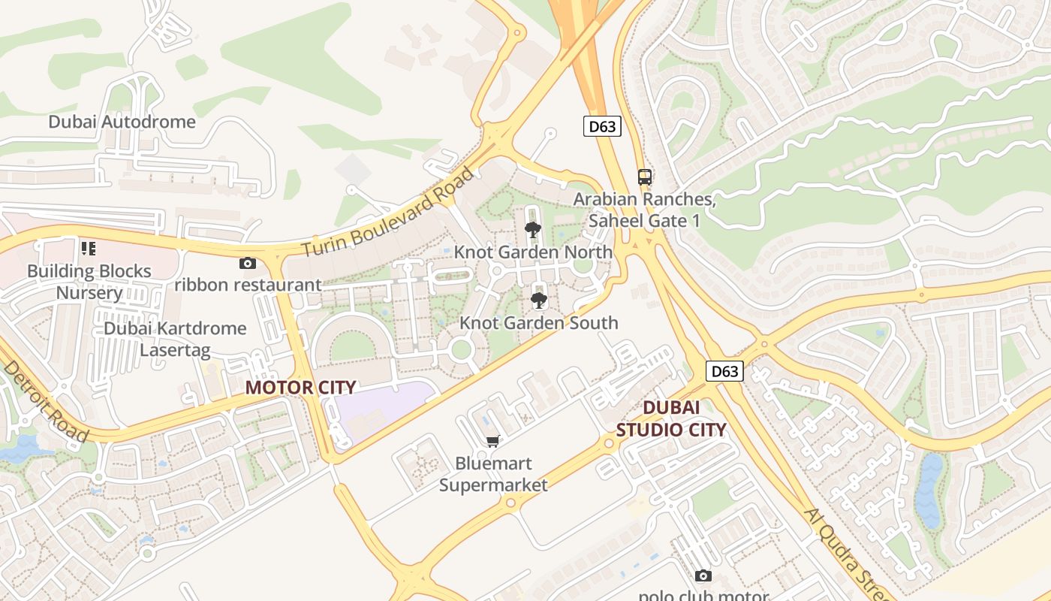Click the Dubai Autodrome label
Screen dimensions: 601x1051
point(122,122)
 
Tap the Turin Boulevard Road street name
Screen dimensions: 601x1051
point(389,213)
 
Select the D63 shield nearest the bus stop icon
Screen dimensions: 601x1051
point(602,126)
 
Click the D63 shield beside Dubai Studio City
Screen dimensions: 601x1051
point(724,370)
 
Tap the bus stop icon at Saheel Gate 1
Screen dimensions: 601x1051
point(645,177)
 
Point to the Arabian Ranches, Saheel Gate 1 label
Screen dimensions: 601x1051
point(644,210)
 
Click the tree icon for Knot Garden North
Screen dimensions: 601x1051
point(533,230)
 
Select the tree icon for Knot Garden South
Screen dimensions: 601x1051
point(538,300)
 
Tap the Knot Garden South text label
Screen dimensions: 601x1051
point(538,323)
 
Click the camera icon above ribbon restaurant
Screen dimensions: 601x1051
point(247,263)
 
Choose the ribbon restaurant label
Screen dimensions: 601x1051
point(248,285)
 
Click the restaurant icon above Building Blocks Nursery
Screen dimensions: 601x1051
point(89,248)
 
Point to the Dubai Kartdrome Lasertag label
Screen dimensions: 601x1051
point(175,339)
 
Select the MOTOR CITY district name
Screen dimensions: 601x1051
point(300,388)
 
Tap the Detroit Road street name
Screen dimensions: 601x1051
point(45,400)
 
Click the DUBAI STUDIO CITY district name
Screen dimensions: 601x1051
point(671,418)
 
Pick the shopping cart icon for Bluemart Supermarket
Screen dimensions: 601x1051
point(493,441)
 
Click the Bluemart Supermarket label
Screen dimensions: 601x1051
point(493,474)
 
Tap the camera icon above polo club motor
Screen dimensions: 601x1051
point(703,575)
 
